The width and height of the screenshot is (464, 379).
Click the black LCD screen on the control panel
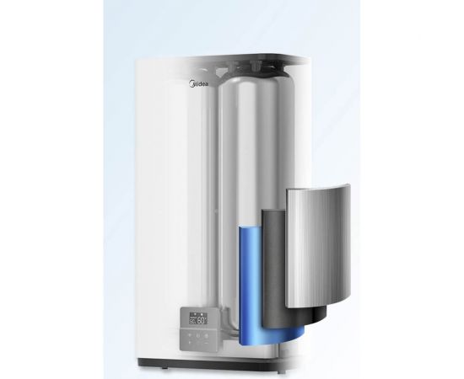tap(199, 320)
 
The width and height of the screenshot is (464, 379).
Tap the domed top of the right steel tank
tap(262, 80)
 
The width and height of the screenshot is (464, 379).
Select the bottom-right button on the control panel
tap(207, 342)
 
